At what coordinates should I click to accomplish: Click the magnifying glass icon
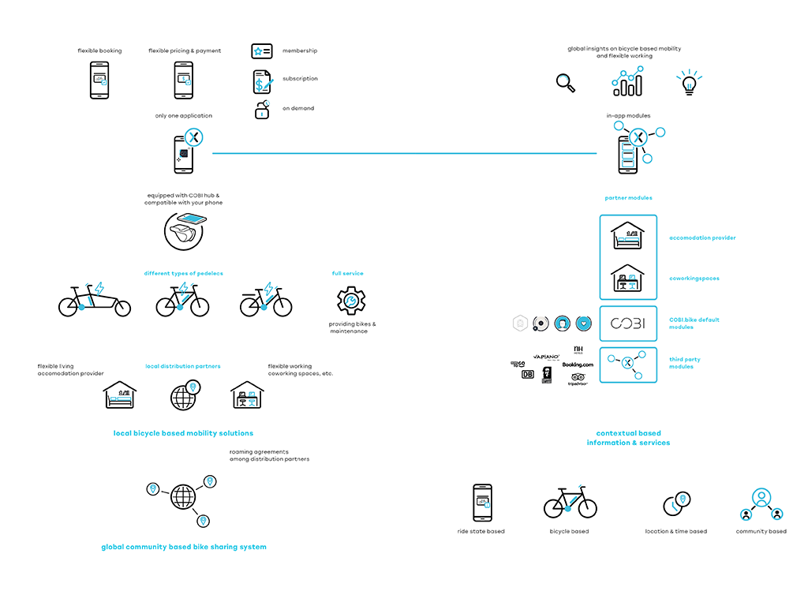click(x=566, y=83)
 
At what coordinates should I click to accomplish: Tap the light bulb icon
click(x=689, y=82)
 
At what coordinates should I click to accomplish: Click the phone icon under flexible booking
click(x=99, y=80)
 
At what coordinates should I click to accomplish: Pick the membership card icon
click(x=262, y=51)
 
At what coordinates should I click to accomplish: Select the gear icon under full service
click(x=351, y=301)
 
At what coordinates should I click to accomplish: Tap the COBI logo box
click(x=628, y=324)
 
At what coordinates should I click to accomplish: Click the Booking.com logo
click(x=578, y=365)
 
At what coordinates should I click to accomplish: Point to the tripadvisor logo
click(x=578, y=380)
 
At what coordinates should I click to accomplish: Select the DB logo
click(x=528, y=374)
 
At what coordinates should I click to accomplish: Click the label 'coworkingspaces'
click(x=694, y=279)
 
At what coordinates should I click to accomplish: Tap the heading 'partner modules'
click(x=628, y=198)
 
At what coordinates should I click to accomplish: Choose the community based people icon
click(x=761, y=505)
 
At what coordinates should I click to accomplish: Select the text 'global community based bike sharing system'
click(x=184, y=547)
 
